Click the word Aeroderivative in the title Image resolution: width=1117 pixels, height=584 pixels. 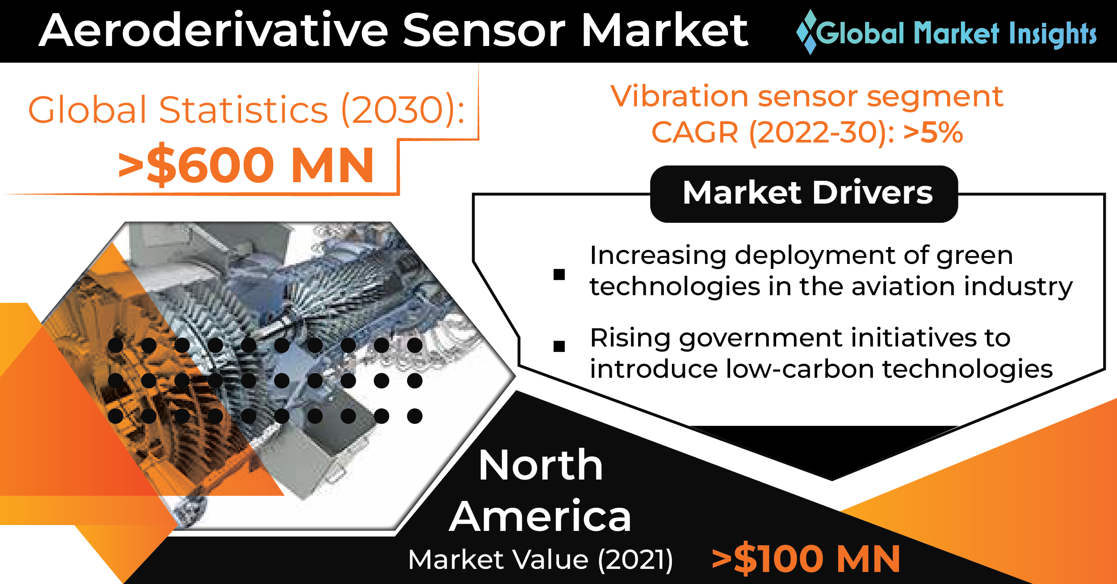click(x=214, y=30)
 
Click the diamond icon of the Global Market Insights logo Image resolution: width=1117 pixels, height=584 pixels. click(x=807, y=32)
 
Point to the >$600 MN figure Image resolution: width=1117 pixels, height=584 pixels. click(x=246, y=165)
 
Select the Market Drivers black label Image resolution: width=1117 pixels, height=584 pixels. click(x=804, y=194)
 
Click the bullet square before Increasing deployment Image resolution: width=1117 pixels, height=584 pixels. click(x=559, y=274)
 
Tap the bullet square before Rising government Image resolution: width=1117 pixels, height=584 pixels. click(x=559, y=346)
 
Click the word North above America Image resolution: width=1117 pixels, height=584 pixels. click(x=541, y=465)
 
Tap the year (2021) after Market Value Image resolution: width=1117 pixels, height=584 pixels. click(x=635, y=560)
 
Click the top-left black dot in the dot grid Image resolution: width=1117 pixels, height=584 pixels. click(x=116, y=345)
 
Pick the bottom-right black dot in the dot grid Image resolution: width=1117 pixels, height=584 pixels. click(x=415, y=416)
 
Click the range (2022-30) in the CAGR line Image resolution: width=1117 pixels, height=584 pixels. click(x=822, y=133)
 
